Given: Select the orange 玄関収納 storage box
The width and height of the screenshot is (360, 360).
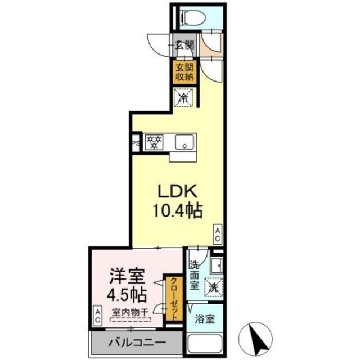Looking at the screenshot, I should (x=184, y=73).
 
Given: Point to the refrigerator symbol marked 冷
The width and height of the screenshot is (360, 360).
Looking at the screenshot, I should (x=184, y=97).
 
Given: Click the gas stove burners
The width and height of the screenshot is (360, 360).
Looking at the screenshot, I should (x=153, y=142).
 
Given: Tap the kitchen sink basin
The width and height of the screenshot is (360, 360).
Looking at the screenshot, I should (x=184, y=141).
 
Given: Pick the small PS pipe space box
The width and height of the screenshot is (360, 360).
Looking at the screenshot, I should (x=136, y=143).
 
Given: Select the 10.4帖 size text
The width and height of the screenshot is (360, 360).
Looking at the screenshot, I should (x=177, y=211).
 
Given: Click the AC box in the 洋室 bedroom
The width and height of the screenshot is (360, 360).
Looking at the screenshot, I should (x=97, y=315).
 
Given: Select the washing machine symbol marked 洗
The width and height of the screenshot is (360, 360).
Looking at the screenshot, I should (x=213, y=286).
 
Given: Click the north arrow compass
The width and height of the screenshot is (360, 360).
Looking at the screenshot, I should (x=255, y=338).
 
